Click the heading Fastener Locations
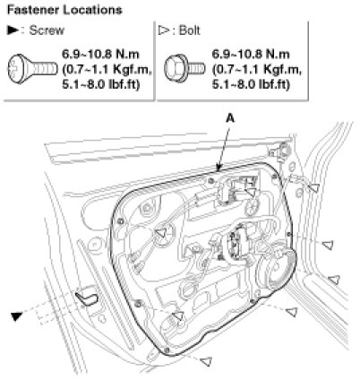coord(64,10)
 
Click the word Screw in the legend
coord(47,30)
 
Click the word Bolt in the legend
coord(190,30)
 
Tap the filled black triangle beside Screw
coord(13,30)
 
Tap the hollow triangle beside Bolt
coord(164,30)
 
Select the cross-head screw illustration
coord(32,68)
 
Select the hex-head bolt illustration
coord(184,68)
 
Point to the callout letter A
coord(230,118)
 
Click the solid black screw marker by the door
coord(17,316)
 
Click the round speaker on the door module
coord(276,270)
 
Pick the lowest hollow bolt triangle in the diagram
coord(206,360)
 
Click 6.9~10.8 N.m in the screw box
coord(100,55)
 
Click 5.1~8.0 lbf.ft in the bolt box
coord(251,85)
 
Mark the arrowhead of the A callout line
coord(219,168)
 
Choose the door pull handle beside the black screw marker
coord(87,296)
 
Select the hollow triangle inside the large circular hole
coord(161,233)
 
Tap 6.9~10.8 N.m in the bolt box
coord(251,55)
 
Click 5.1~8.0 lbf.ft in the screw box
coord(101,85)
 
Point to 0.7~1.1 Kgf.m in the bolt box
coord(257,70)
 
